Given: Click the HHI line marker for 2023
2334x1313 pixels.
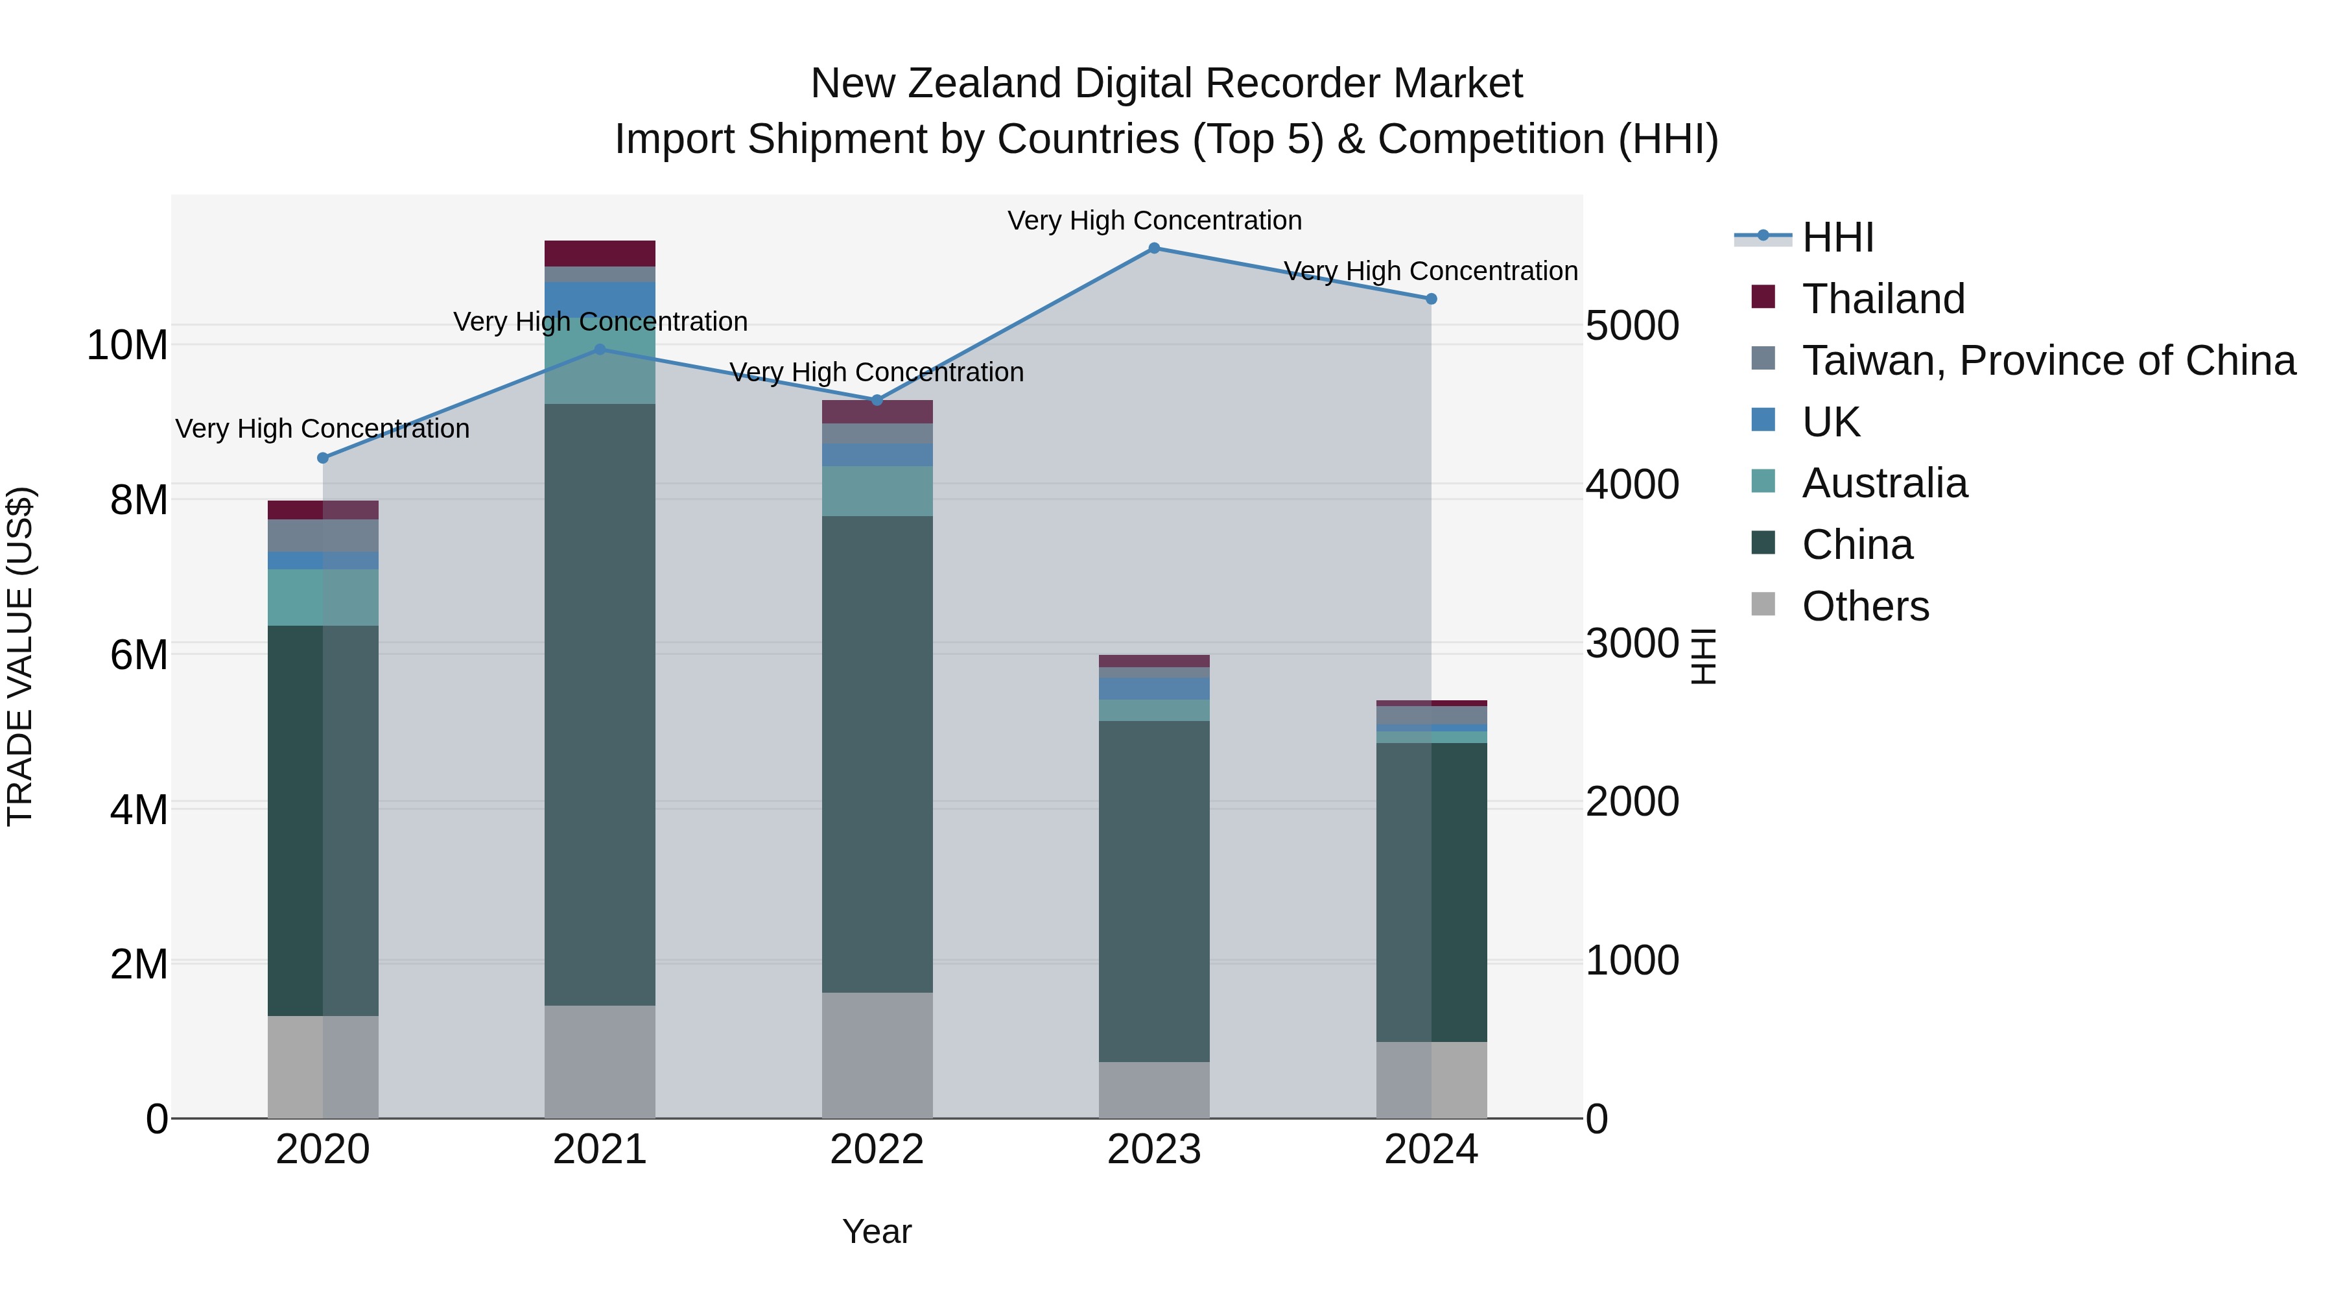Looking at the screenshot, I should (x=1153, y=248).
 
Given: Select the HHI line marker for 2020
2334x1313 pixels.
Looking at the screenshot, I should (x=323, y=458).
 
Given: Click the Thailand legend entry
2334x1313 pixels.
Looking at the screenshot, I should (x=1883, y=299).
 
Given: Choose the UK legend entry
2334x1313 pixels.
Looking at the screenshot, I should (x=1830, y=422).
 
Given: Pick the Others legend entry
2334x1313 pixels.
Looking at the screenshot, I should (x=1865, y=606).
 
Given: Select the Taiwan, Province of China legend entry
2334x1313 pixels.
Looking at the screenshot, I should (x=2047, y=361).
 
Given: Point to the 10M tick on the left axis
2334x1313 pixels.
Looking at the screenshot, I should (x=127, y=345).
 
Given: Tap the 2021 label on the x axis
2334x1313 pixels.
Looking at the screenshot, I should (x=600, y=1150).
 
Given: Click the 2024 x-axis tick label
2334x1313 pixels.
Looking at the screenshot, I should (x=1431, y=1150).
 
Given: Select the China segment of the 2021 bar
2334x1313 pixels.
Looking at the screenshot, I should (x=600, y=704).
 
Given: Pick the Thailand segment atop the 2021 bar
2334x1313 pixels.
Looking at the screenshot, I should (x=600, y=253).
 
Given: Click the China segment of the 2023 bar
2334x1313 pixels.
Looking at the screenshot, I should (x=1153, y=891).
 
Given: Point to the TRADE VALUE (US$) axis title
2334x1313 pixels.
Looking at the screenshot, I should (x=20, y=656).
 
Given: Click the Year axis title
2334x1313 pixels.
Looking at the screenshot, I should (x=876, y=1231).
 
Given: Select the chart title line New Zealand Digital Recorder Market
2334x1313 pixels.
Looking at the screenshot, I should (x=1166, y=84).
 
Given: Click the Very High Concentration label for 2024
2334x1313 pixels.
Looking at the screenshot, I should (x=1431, y=271).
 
